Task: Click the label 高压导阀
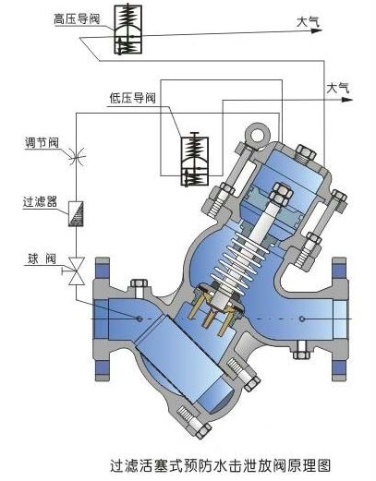tap(77, 18)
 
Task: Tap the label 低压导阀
tap(133, 98)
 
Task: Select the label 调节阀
tap(42, 142)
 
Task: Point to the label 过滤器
tap(40, 202)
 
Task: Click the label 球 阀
tap(42, 259)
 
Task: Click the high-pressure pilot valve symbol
tap(128, 30)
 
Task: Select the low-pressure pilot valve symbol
tap(195, 160)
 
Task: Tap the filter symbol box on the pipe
tap(76, 214)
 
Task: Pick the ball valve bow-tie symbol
tap(76, 271)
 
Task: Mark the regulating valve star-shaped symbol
tap(76, 157)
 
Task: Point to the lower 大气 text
tap(338, 89)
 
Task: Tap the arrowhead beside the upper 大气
tap(316, 30)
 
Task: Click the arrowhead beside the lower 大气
tap(347, 100)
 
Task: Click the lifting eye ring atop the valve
tap(258, 135)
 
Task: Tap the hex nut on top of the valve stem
tap(282, 194)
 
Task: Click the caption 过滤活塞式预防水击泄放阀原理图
tap(221, 465)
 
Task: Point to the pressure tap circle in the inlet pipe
tap(139, 319)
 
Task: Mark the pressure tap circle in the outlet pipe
tap(302, 319)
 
